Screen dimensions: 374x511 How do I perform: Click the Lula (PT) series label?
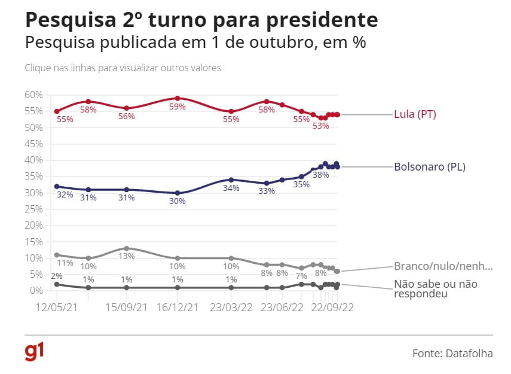tap(415, 114)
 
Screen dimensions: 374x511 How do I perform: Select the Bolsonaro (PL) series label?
tap(429, 167)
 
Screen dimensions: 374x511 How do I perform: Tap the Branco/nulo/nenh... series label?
tap(443, 267)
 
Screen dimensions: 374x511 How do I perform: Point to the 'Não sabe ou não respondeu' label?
tap(435, 289)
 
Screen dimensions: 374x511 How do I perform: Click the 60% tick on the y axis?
tap(33, 95)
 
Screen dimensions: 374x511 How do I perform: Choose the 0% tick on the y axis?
tap(35, 290)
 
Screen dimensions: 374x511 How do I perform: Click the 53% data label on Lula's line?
tap(321, 126)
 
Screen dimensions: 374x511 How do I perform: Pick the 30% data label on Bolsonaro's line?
tap(177, 202)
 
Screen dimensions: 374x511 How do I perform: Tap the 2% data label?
tap(56, 276)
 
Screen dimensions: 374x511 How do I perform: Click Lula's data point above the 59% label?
tap(178, 98)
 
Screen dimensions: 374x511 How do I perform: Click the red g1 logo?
tap(35, 352)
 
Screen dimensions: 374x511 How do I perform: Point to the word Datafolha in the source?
tap(469, 354)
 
